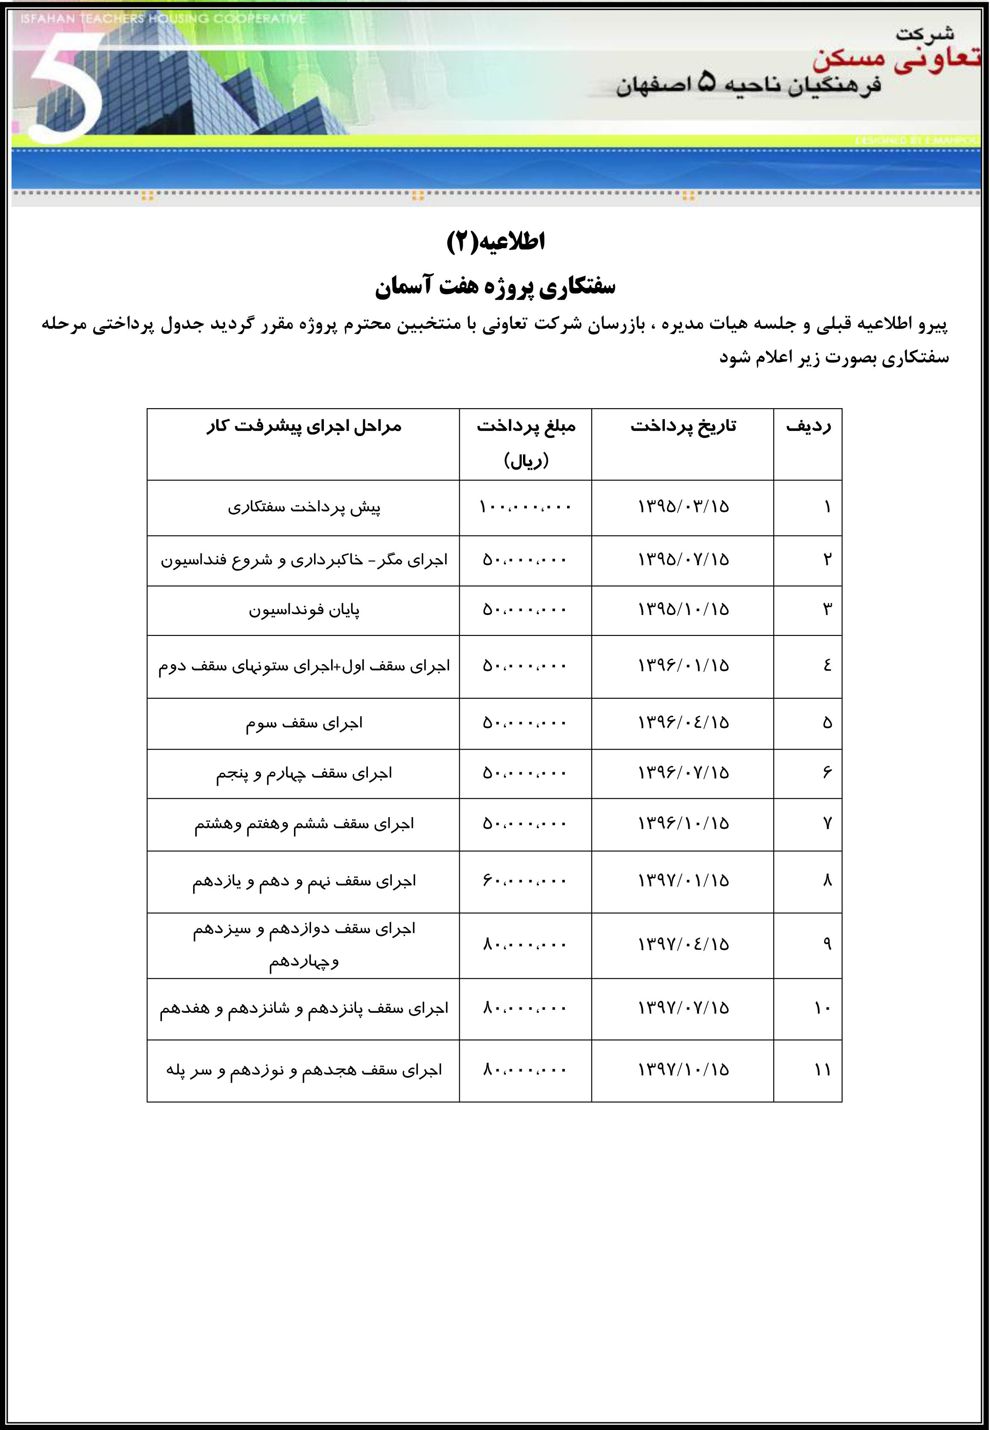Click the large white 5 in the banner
click(x=65, y=87)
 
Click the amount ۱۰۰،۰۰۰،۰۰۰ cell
click(x=525, y=507)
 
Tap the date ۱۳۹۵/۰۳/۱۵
click(x=683, y=507)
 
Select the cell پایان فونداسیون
click(x=304, y=610)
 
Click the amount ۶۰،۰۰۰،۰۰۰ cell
click(x=525, y=881)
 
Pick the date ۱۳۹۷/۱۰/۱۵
click(x=683, y=1070)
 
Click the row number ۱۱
click(x=823, y=1070)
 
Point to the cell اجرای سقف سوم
click(x=304, y=724)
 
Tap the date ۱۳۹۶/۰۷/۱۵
click(x=683, y=773)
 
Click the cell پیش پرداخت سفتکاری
click(x=304, y=507)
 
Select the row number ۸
click(x=827, y=881)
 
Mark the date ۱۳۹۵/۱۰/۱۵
click(x=683, y=610)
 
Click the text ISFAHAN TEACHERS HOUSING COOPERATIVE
click(x=162, y=19)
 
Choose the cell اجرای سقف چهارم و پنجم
click(x=304, y=774)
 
